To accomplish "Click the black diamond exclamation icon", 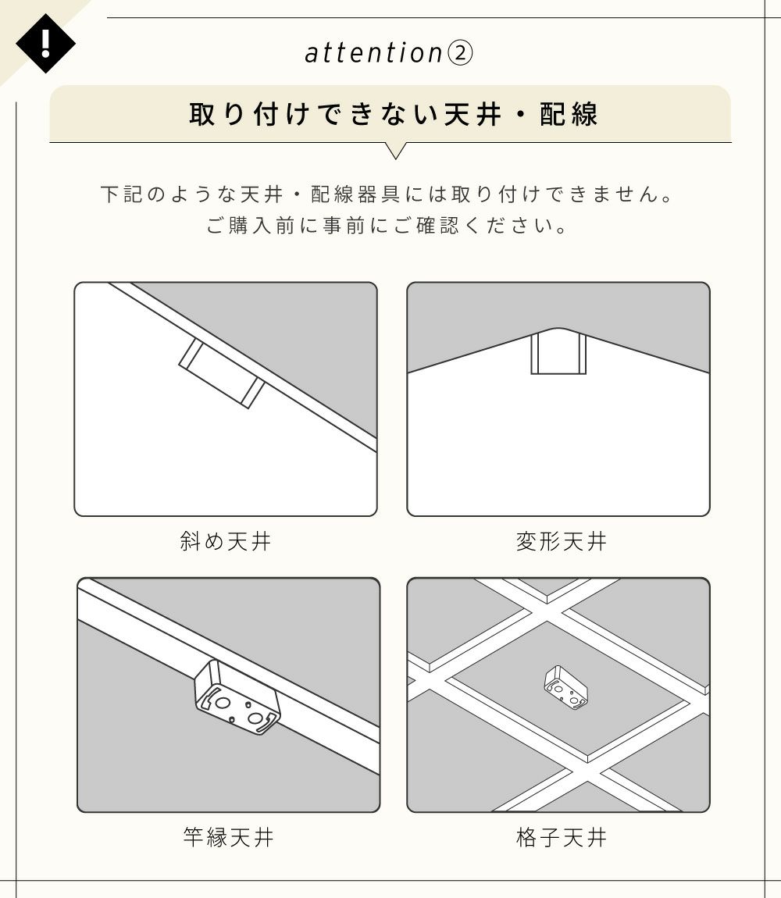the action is pyautogui.click(x=45, y=44).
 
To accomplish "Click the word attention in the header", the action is pyautogui.click(x=373, y=53).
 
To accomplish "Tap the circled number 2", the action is pyautogui.click(x=459, y=54).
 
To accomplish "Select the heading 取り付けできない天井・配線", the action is pyautogui.click(x=394, y=114).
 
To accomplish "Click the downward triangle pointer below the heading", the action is pyautogui.click(x=395, y=150).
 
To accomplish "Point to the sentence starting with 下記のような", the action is pyautogui.click(x=387, y=194).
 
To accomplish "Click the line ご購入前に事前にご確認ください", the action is pyautogui.click(x=387, y=225).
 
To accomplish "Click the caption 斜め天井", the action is pyautogui.click(x=225, y=540).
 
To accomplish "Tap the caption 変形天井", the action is pyautogui.click(x=561, y=540).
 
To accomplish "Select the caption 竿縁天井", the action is pyautogui.click(x=228, y=837).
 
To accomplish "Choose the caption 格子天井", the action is pyautogui.click(x=561, y=837).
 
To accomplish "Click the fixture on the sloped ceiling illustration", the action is pyautogui.click(x=222, y=373).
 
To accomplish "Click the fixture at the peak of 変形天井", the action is pyautogui.click(x=558, y=353).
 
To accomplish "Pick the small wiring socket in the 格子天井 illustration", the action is pyautogui.click(x=565, y=687).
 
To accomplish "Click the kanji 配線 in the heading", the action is pyautogui.click(x=569, y=114).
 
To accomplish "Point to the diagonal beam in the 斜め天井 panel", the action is pyautogui.click(x=244, y=366).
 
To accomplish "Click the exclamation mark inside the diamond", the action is pyautogui.click(x=45, y=43).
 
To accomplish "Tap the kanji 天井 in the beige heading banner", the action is pyautogui.click(x=473, y=114).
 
